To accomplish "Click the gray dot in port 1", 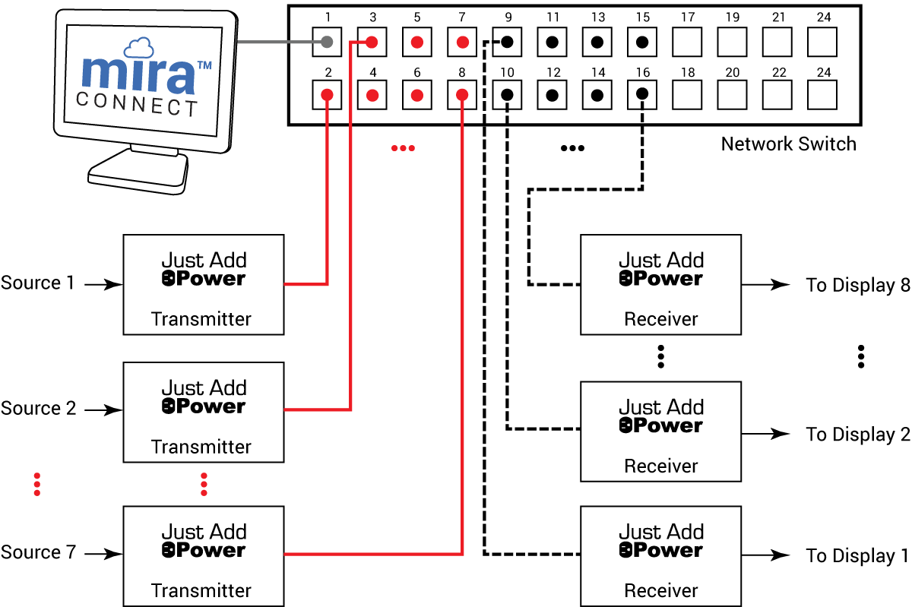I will [x=327, y=42].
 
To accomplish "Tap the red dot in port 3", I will [x=372, y=42].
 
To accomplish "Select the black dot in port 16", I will [x=642, y=95].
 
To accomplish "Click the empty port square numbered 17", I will [x=688, y=42].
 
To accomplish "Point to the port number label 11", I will [x=553, y=17].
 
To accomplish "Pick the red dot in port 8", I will [x=461, y=95].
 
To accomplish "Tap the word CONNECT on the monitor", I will [x=138, y=104].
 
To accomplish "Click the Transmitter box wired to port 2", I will [x=204, y=285].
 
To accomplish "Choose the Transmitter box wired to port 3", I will [x=204, y=412].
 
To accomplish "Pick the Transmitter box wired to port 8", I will [x=204, y=556].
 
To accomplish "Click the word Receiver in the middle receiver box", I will [x=660, y=466].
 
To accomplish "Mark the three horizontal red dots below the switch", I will [x=403, y=148].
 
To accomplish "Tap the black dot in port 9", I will [x=507, y=42].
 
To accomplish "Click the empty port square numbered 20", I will [x=733, y=95].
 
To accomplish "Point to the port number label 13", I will [x=598, y=17].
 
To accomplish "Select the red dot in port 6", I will [x=416, y=95].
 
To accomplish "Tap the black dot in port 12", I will [x=553, y=95].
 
